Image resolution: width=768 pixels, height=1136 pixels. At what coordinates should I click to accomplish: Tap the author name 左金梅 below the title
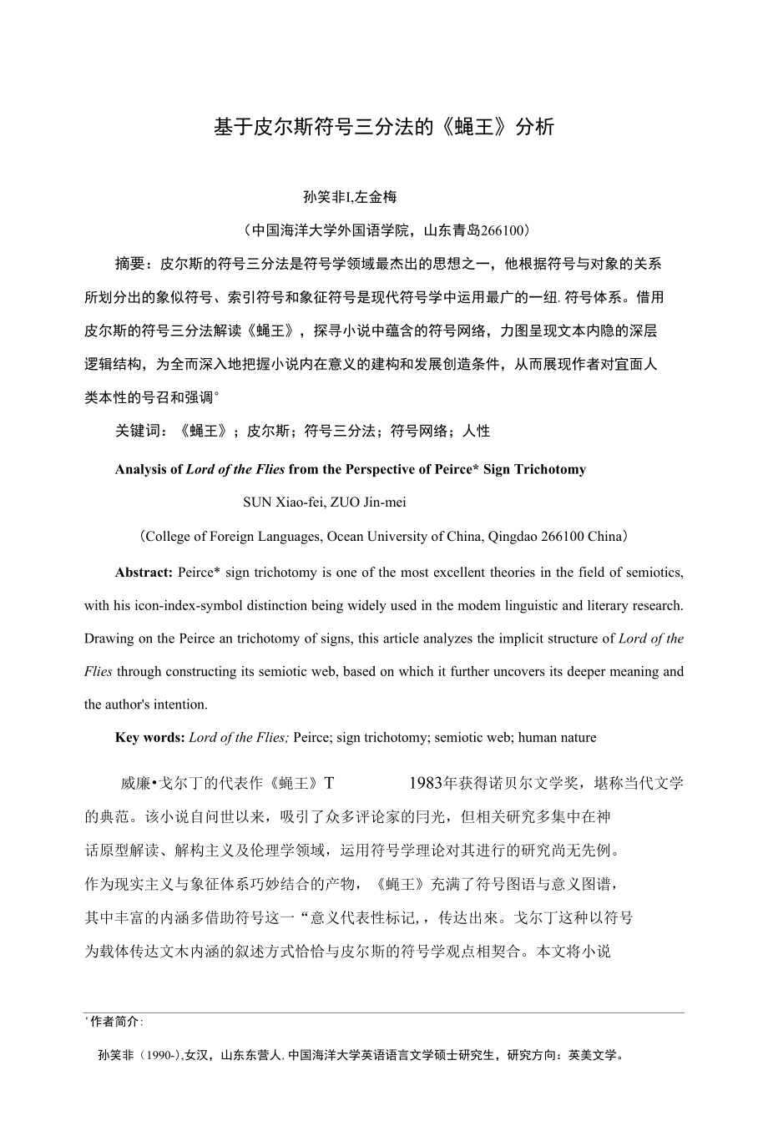coord(376,198)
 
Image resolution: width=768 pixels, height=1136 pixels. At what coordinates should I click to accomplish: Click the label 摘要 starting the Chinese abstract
coord(129,265)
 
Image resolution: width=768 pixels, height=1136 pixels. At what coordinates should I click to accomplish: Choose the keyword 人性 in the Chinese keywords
coord(477,432)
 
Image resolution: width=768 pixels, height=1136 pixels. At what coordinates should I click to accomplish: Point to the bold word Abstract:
coord(144,573)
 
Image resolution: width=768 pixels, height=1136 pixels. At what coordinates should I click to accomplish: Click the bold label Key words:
coord(150,738)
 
